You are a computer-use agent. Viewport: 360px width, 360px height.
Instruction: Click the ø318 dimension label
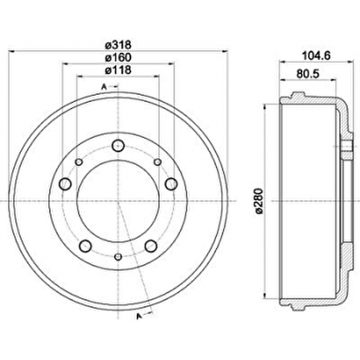click(x=117, y=44)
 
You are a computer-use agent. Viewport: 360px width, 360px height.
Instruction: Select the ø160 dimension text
click(x=117, y=57)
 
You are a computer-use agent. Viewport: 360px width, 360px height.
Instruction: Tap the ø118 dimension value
click(x=117, y=70)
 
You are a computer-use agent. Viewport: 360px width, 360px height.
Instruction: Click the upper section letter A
click(x=104, y=87)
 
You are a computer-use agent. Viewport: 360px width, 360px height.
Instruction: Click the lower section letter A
click(x=137, y=316)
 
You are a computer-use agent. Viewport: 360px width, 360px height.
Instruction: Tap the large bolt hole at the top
click(x=117, y=145)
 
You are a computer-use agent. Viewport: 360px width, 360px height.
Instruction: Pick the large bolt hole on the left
click(x=65, y=184)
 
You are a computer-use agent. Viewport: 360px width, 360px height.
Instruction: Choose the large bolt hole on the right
click(x=170, y=185)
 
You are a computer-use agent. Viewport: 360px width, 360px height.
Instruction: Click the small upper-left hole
click(x=79, y=162)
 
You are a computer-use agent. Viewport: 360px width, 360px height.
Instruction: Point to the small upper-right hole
click(x=157, y=162)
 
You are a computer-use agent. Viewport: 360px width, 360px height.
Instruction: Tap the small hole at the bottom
click(x=117, y=256)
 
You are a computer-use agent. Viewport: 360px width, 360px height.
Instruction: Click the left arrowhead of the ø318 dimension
click(x=9, y=51)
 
